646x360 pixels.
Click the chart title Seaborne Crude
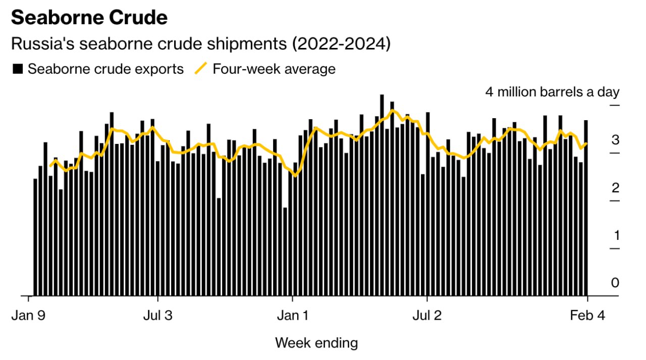89,18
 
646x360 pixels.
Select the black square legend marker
18,69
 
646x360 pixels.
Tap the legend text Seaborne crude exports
105,69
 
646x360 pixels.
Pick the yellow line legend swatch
201,69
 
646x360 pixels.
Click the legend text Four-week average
274,69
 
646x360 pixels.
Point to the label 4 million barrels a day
552,92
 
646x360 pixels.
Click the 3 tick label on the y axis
615,140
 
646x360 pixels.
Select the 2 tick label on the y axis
615,188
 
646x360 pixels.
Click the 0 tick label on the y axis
615,283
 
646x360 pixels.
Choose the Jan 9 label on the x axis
28,316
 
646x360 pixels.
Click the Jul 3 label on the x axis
157,316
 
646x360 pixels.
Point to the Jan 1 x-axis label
293,316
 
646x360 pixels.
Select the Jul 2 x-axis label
427,316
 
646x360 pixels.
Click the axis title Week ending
316,343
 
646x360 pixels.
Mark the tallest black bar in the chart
382,195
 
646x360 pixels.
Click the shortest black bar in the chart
285,251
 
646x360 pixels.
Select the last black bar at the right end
586,208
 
